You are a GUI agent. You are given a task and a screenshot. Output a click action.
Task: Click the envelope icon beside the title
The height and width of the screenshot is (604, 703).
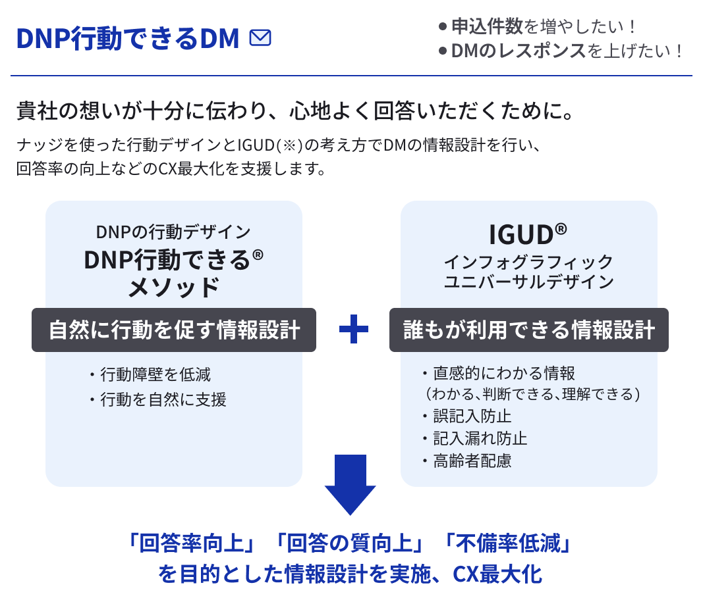260,39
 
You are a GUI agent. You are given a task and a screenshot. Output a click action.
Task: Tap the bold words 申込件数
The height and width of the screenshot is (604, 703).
487,27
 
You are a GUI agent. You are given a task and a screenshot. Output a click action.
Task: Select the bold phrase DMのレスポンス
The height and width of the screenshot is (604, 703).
519,51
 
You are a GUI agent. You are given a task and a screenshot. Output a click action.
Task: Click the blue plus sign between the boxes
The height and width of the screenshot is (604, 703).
353,330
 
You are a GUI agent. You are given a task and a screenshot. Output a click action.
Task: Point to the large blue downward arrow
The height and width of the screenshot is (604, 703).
350,484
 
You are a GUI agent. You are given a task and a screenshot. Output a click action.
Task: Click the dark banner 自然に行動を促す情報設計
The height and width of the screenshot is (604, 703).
174,330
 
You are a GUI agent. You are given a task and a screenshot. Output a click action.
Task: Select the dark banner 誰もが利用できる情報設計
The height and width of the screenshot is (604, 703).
528,330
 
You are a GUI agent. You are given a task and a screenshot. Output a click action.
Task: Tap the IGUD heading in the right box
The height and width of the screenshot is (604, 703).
528,234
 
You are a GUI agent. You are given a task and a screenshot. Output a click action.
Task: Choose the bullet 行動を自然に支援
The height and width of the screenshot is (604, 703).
163,399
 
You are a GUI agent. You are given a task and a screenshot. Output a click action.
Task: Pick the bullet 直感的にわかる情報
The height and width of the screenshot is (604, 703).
504,373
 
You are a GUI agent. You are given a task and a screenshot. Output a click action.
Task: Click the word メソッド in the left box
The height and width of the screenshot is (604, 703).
173,288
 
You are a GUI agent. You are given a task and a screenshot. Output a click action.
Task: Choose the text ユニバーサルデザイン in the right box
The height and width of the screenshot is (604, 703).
528,282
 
